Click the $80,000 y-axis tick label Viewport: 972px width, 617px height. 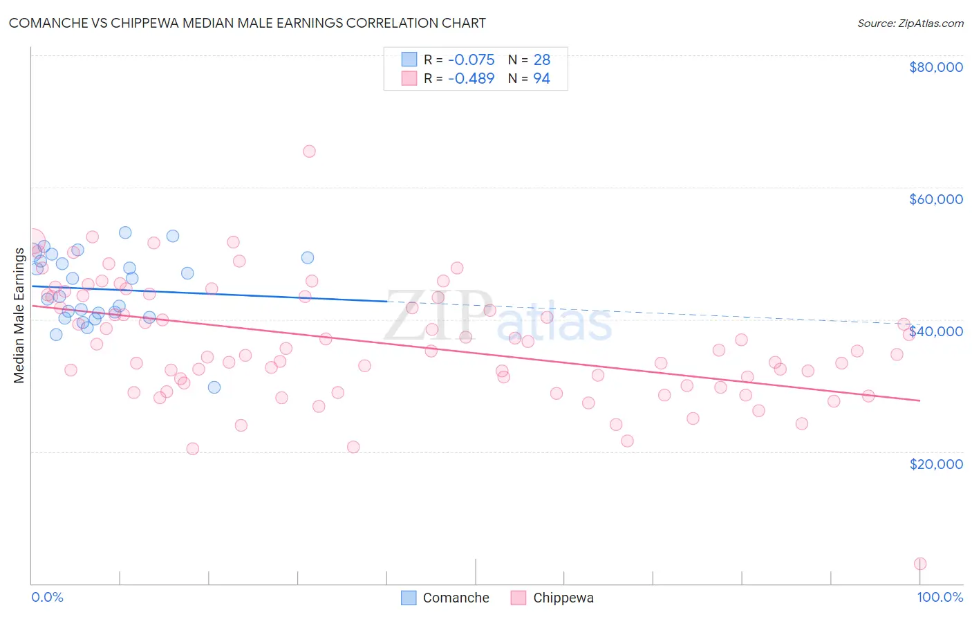(x=935, y=67)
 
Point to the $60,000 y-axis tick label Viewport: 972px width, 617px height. (x=935, y=199)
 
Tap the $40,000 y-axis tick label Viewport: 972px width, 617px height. (x=935, y=331)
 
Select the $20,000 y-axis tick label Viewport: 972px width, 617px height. (x=935, y=463)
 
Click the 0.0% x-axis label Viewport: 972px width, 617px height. (x=47, y=597)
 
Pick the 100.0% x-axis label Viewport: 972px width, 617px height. (x=940, y=597)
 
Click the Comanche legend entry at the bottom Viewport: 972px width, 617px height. (x=445, y=598)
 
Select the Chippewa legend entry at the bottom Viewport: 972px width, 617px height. (x=552, y=598)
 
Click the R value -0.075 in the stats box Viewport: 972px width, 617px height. (x=471, y=60)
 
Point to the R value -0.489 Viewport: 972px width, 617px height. (x=471, y=79)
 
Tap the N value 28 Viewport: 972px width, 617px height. (x=541, y=60)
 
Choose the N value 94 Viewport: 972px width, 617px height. (x=541, y=79)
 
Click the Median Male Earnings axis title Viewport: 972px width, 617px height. (x=19, y=315)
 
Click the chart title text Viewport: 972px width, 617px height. (x=247, y=23)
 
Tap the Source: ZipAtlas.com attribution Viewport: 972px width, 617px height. (x=910, y=23)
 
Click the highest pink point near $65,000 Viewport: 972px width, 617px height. (x=309, y=151)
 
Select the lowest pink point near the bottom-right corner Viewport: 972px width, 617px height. (x=920, y=564)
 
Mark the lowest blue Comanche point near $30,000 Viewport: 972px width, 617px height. (x=214, y=387)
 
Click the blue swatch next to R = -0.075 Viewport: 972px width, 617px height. (x=409, y=59)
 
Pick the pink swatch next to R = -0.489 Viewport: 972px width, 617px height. (x=409, y=78)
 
